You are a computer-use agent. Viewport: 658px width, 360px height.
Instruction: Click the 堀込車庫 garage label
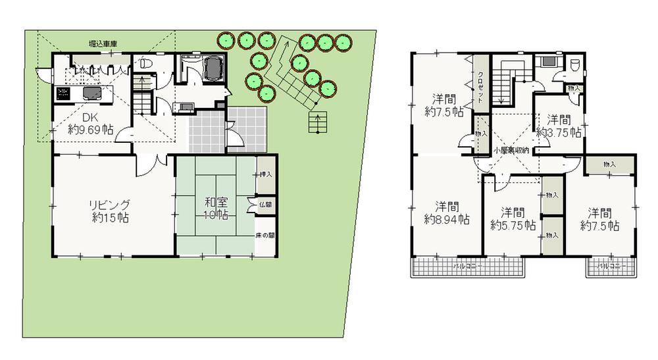[103, 43]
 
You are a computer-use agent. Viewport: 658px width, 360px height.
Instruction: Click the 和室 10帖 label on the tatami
[216, 209]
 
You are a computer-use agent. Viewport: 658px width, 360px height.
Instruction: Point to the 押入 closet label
[266, 174]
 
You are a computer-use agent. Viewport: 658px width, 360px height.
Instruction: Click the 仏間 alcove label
[266, 205]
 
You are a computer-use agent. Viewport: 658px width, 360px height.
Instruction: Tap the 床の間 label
[266, 235]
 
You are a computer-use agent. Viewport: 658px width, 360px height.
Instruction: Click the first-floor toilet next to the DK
[146, 63]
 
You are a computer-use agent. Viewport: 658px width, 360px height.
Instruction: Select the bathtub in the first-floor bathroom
[214, 68]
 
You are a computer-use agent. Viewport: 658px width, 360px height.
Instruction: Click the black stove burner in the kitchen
[63, 93]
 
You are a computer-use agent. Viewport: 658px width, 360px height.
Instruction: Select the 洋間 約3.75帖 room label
[559, 126]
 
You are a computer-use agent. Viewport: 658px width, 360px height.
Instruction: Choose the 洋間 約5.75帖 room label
[511, 219]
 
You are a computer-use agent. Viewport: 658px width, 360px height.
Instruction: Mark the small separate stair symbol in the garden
[317, 121]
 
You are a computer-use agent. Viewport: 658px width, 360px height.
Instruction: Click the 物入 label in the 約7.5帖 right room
[609, 163]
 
